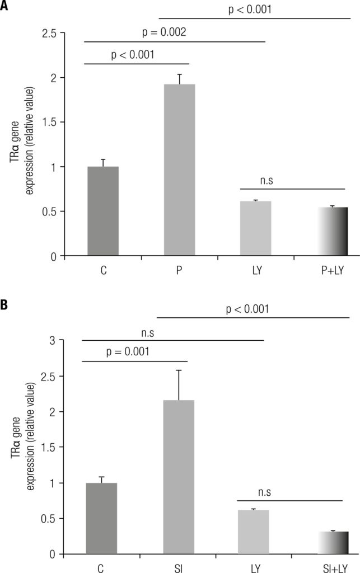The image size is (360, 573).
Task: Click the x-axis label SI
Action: tap(179, 566)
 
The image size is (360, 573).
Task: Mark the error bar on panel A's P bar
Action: tap(179, 79)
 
